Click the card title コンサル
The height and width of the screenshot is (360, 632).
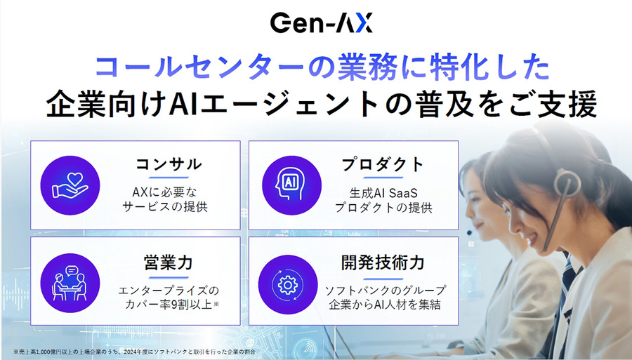169,165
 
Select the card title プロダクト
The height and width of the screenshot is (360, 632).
383,165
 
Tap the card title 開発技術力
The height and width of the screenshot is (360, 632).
383,262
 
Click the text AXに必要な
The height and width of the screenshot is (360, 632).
168,192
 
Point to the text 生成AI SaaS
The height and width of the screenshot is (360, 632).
383,192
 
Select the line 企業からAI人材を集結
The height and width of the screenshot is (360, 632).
383,305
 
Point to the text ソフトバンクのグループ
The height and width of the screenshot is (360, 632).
383,289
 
